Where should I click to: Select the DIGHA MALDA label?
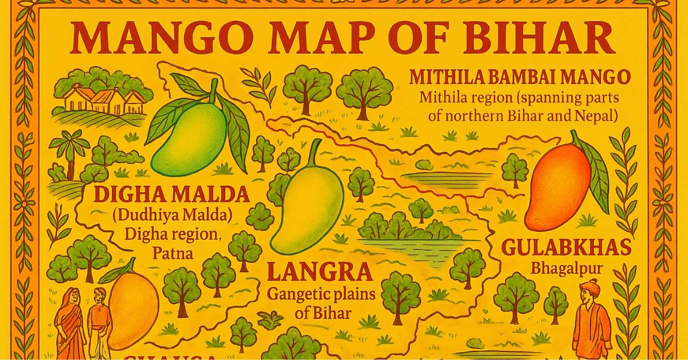(171, 195)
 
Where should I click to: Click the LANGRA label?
(320, 272)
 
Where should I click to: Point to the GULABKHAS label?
(566, 248)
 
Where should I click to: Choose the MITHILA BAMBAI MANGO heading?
(519, 76)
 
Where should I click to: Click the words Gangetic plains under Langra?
(321, 295)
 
